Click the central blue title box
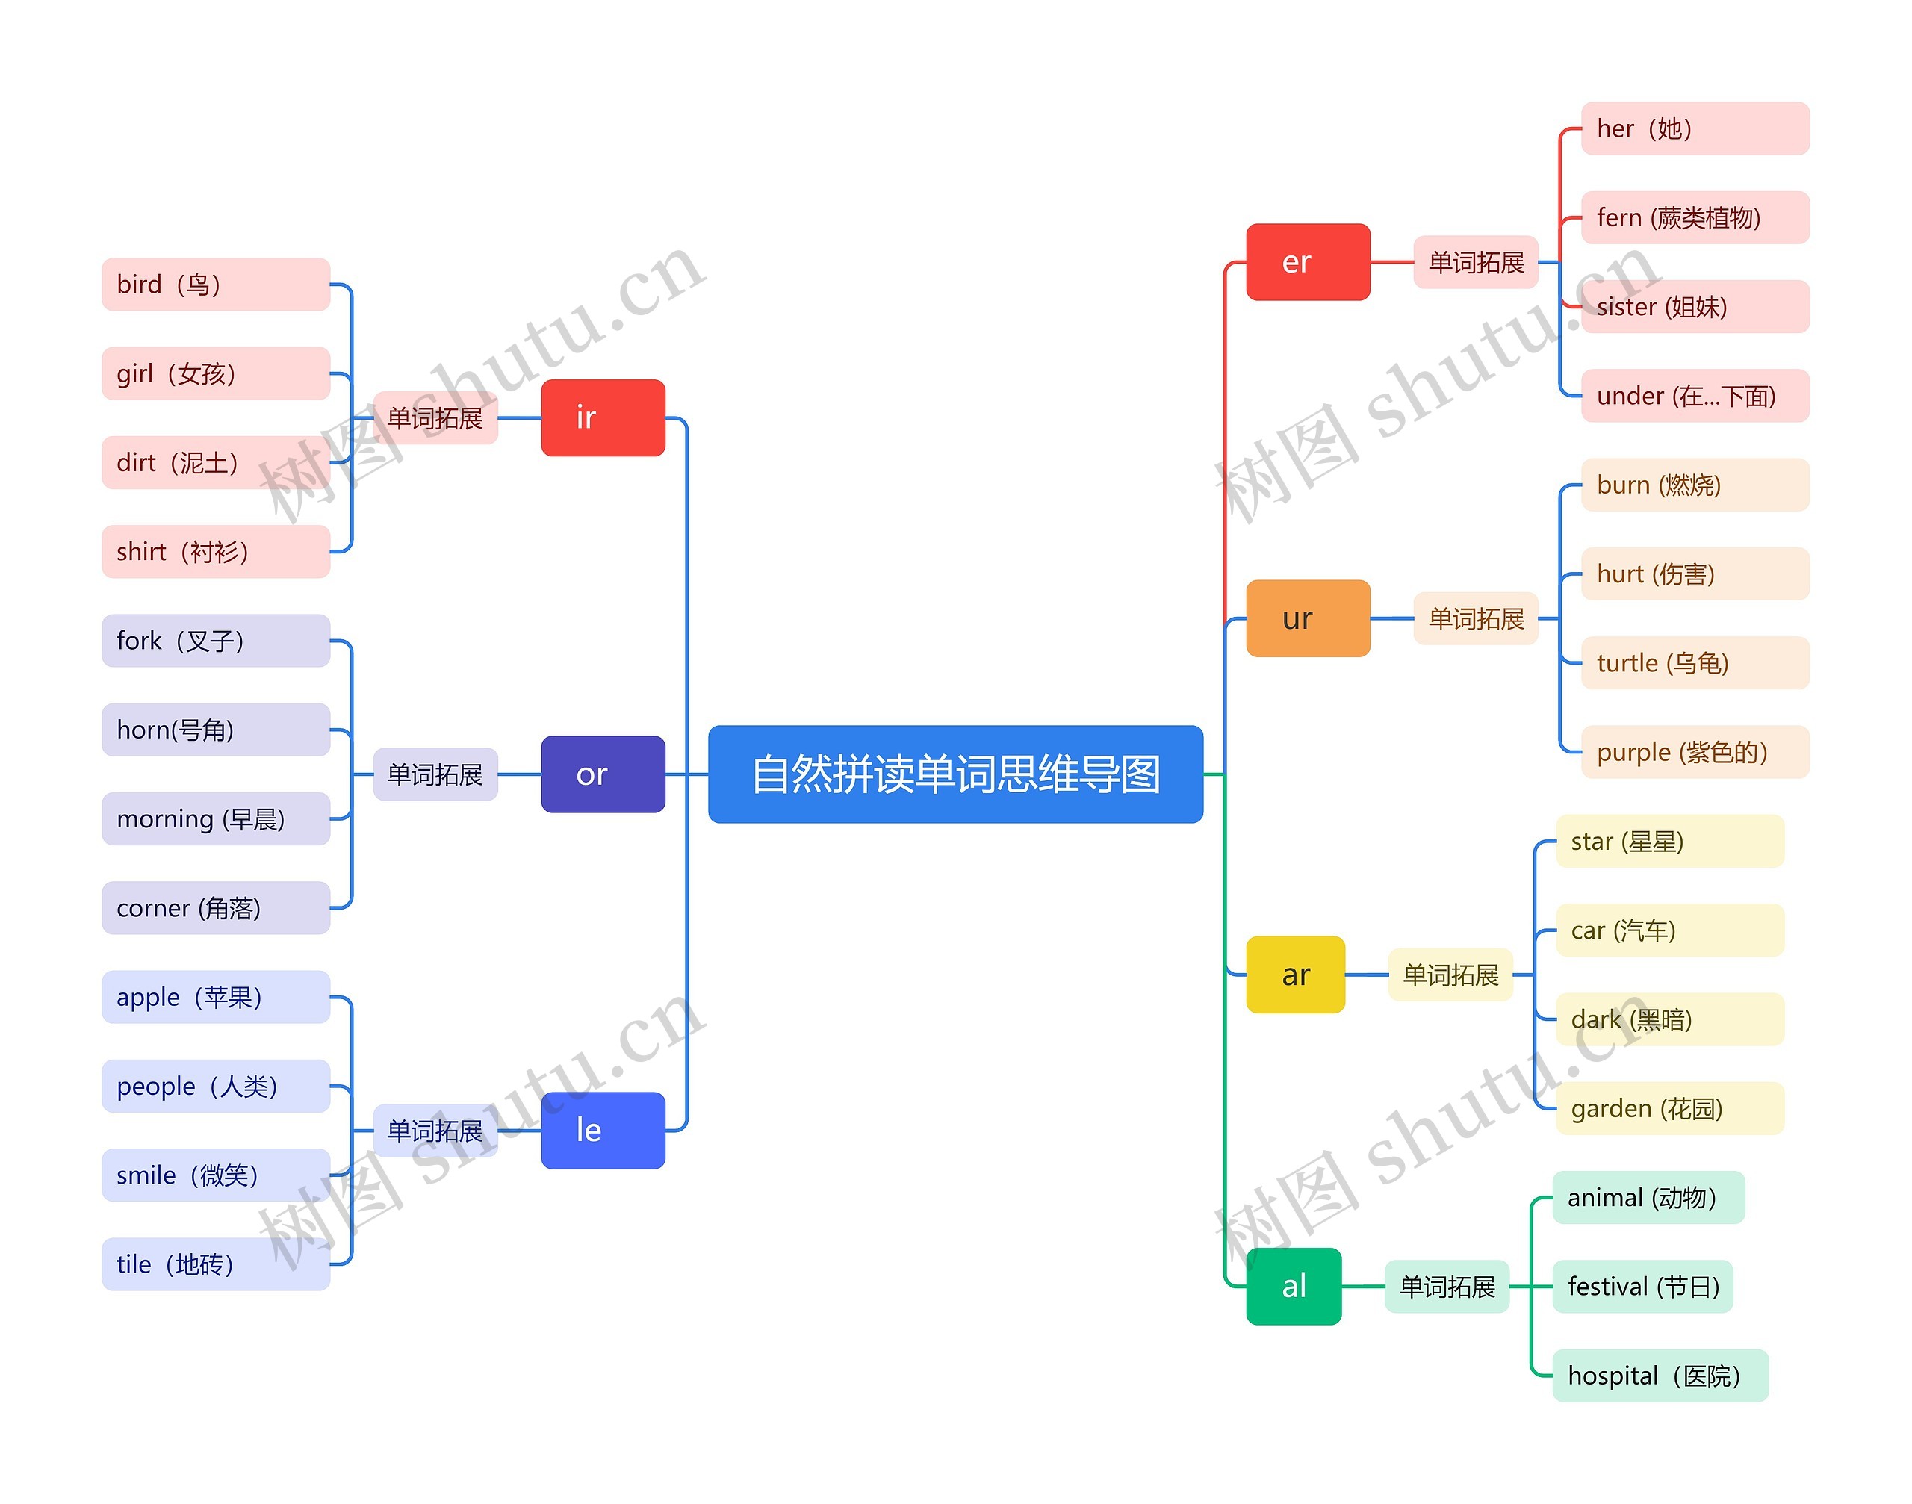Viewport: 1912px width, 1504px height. coord(955,774)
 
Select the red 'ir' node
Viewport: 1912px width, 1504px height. coord(603,417)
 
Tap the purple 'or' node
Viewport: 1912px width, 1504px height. coord(603,774)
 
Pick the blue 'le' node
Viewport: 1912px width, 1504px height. coord(603,1131)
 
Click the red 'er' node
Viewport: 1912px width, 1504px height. coord(1308,261)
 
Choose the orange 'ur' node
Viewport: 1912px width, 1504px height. coord(1308,618)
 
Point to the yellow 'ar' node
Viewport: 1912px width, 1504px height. coord(1296,975)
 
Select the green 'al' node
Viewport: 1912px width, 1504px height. coord(1294,1287)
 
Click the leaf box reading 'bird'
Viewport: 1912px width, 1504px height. coord(216,285)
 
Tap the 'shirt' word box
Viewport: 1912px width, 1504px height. coord(216,551)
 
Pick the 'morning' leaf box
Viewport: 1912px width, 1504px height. coord(216,819)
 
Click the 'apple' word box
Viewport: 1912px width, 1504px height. coord(216,997)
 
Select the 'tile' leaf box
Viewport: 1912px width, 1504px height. coord(216,1264)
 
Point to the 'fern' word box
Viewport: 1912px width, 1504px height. coord(1695,217)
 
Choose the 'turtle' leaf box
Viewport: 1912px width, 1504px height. coord(1695,663)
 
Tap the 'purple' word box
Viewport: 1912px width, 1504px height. coord(1695,752)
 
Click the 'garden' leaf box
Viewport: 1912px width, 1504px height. coord(1670,1109)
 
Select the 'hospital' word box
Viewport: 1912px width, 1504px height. coord(1660,1376)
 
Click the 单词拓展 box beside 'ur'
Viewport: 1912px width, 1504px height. coord(1476,618)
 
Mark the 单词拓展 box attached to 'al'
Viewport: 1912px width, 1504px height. coord(1447,1287)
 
